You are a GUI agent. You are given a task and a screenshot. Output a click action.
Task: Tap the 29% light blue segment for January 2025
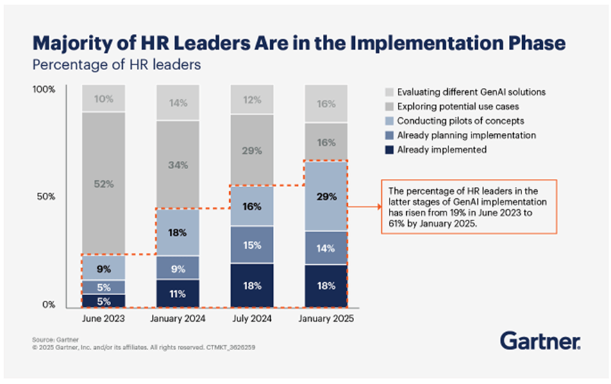[x=325, y=196]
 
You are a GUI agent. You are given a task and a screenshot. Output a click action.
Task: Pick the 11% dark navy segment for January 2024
[x=177, y=293]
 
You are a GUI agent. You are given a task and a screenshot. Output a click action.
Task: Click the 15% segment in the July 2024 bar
[x=251, y=245]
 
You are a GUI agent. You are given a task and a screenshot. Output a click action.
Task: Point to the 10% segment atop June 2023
[x=103, y=98]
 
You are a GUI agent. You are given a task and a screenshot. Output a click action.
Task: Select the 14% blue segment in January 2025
[x=325, y=247]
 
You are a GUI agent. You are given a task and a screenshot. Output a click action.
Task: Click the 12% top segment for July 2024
[x=251, y=101]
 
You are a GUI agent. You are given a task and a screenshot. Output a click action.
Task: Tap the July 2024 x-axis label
[x=251, y=320]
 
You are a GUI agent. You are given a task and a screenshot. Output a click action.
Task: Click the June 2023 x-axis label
[x=103, y=320]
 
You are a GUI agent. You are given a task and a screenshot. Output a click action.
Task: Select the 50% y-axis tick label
[x=47, y=197]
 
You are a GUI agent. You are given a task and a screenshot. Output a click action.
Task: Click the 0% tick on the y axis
[x=50, y=305]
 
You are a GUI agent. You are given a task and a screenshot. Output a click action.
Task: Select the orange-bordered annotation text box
[x=464, y=206]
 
